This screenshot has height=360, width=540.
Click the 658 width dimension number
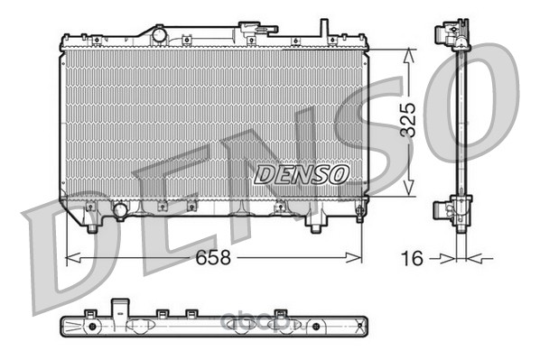[213, 257]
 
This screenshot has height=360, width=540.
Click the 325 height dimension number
[408, 119]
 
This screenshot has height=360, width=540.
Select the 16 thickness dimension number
[412, 258]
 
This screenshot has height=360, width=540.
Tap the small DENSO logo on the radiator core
[302, 174]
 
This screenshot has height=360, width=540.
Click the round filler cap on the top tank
[159, 35]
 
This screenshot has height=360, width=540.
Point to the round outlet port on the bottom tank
[120, 210]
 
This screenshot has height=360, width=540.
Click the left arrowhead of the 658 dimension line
[72, 257]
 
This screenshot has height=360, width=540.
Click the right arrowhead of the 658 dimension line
[354, 257]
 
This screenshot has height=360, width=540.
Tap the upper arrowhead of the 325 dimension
[408, 55]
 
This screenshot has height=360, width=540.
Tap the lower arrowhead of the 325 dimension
[408, 189]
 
